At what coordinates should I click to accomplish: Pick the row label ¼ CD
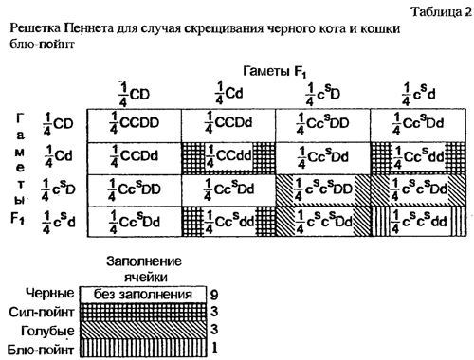coord(58,122)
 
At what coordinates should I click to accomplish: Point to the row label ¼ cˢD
coord(58,189)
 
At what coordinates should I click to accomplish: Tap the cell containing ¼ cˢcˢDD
coord(323,189)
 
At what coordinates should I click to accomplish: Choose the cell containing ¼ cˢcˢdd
coord(418,222)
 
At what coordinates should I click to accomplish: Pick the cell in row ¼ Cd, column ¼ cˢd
coord(418,155)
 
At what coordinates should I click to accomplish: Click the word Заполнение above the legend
coord(143,261)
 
